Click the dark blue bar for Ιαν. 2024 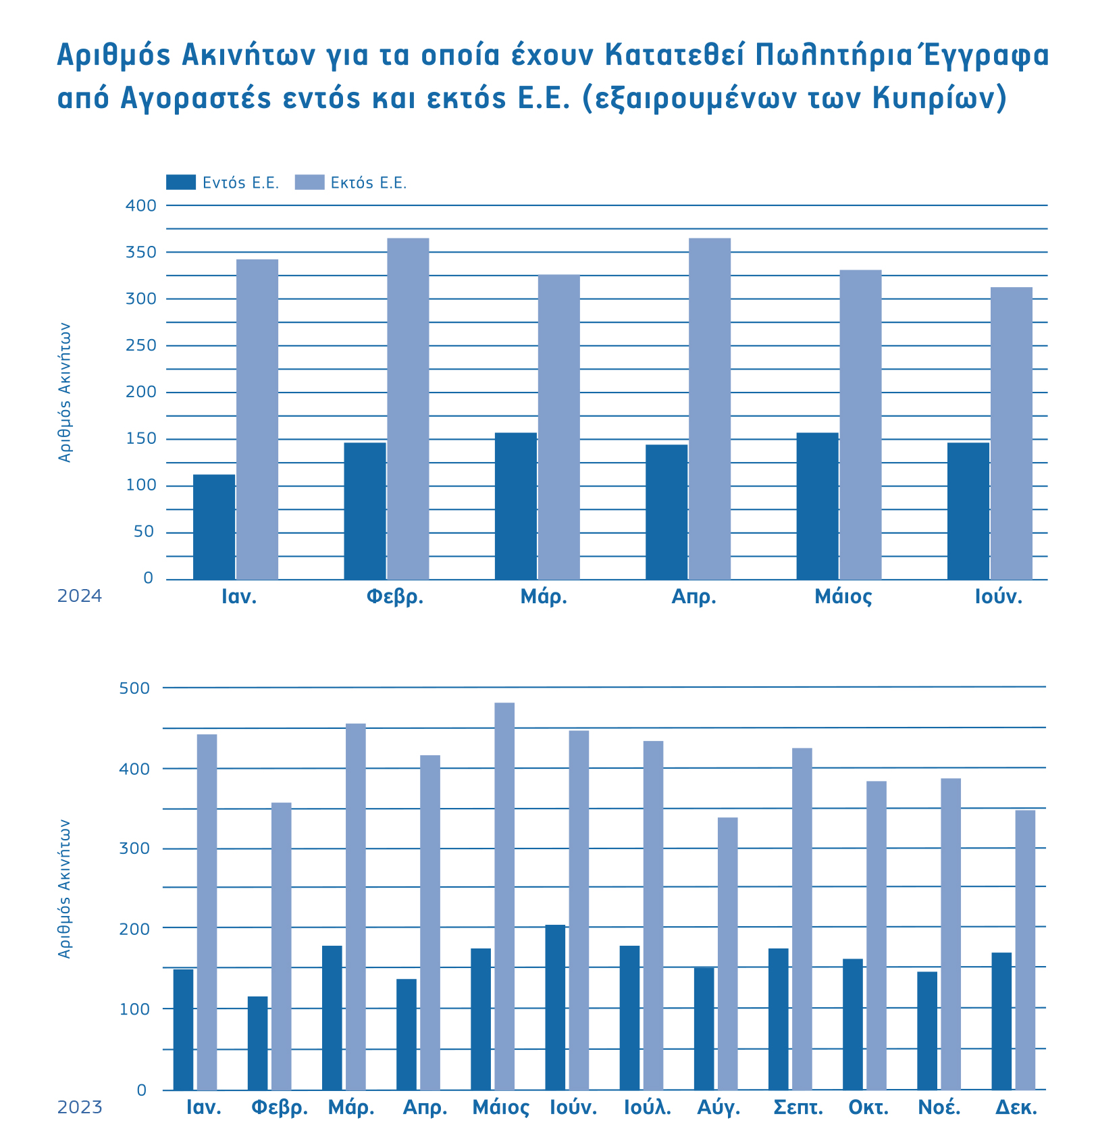214,527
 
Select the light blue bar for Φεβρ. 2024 408,409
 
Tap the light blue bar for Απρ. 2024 710,409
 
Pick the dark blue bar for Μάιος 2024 818,506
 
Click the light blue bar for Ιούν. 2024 1012,433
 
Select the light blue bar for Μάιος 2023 504,896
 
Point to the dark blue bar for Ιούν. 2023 555,1007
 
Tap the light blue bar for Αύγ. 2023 728,953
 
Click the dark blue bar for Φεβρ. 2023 257,1043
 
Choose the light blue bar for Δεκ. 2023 1025,950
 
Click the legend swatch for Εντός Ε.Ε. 180,182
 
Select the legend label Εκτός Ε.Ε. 369,183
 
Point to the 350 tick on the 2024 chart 141,252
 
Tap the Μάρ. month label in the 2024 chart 544,597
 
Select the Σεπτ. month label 798,1109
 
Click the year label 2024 80,597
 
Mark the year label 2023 80,1108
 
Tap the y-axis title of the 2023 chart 64,888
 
